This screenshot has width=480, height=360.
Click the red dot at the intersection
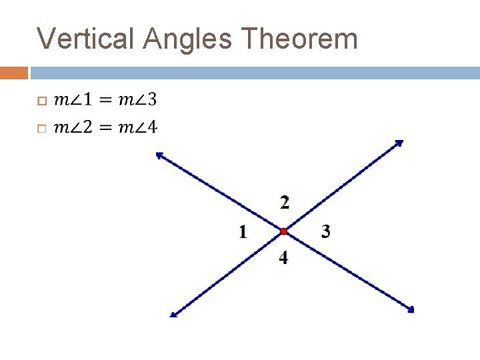pyautogui.click(x=283, y=231)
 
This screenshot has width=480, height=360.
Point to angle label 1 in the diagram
pyautogui.click(x=243, y=232)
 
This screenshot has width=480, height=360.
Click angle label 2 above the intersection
pyautogui.click(x=285, y=201)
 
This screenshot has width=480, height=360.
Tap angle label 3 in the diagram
pyautogui.click(x=325, y=232)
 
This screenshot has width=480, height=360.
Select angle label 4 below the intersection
pyautogui.click(x=284, y=257)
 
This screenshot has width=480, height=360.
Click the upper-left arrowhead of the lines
pyautogui.click(x=159, y=155)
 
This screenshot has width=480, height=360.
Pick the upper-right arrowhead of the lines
pyautogui.click(x=400, y=142)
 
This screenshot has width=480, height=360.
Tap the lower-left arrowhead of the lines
pyautogui.click(x=173, y=314)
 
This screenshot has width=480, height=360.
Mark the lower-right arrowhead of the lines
pyautogui.click(x=411, y=309)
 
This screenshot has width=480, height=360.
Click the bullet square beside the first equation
pyautogui.click(x=41, y=101)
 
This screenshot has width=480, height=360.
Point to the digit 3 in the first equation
pyautogui.click(x=152, y=100)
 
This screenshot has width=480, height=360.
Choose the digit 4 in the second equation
pyautogui.click(x=152, y=127)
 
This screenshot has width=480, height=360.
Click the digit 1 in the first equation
pyautogui.click(x=87, y=100)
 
